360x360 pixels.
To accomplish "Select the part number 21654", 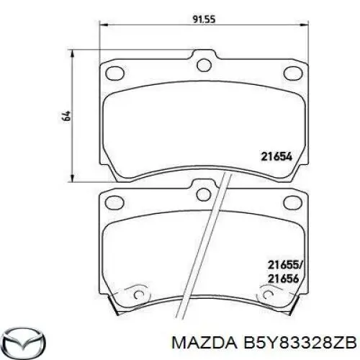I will [x=276, y=155].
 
